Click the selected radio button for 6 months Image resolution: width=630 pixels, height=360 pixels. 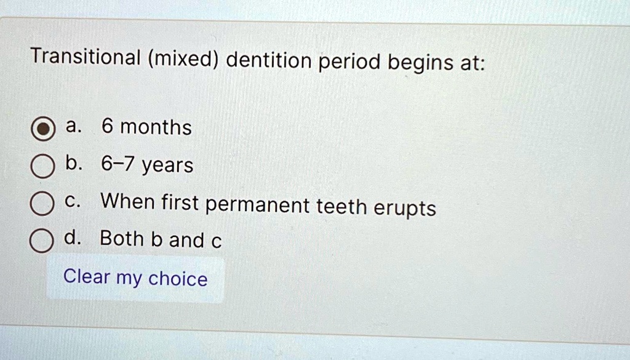coord(43,129)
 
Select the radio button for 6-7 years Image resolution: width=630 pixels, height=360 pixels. coord(42,166)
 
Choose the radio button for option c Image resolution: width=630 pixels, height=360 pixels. coord(42,204)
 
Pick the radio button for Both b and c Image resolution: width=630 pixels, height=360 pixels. coord(41,241)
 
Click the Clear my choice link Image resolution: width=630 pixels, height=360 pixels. coord(135,278)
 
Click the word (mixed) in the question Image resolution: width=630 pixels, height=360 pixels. coord(183,59)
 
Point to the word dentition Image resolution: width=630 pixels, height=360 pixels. coord(269,60)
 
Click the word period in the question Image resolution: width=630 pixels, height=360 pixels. coord(349,63)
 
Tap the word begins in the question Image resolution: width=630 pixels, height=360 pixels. coord(420,63)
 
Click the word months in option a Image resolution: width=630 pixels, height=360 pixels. coord(156,127)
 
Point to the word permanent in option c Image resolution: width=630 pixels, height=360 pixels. coord(258,205)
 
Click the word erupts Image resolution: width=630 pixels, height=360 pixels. coord(405,208)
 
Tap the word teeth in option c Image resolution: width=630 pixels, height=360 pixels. coord(341,206)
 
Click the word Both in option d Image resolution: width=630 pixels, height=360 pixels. coord(122,238)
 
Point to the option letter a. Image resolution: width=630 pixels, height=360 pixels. coord(74,126)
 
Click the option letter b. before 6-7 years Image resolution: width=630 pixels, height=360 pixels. coord(74,163)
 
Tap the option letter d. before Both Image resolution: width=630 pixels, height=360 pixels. coord(73,238)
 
